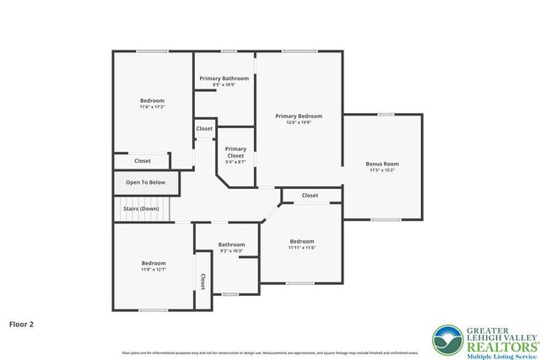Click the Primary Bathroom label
[x=224, y=78]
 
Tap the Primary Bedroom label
[x=299, y=116]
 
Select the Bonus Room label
[x=382, y=164]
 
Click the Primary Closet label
[x=235, y=153]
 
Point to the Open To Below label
[x=146, y=182]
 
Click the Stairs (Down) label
[x=141, y=208]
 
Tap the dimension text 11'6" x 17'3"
[x=153, y=107]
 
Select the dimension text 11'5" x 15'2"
[x=382, y=170]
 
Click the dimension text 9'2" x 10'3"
[x=231, y=251]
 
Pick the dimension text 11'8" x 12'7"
[x=154, y=270]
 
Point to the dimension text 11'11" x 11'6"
[x=302, y=248]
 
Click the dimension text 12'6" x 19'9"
[x=299, y=123]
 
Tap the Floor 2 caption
[x=21, y=323]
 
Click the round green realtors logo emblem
[x=446, y=341]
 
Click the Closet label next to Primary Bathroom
[x=204, y=129]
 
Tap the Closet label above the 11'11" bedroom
[x=310, y=196]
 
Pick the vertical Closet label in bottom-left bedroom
[x=202, y=281]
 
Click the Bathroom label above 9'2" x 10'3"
[x=231, y=244]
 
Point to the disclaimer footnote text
[x=270, y=352]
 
